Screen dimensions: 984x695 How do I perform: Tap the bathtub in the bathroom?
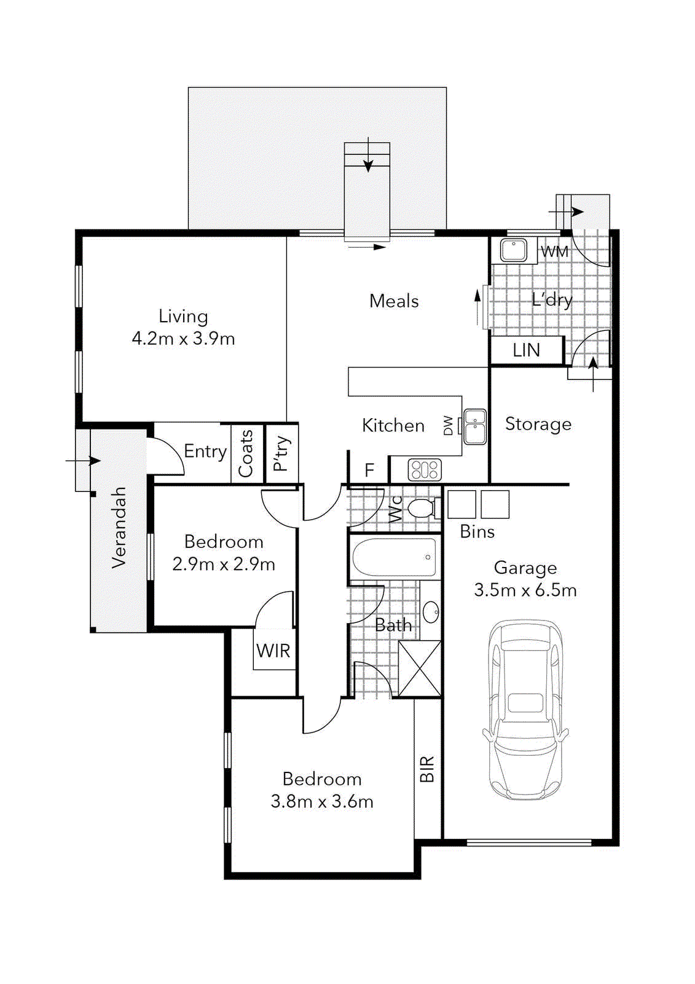point(395,557)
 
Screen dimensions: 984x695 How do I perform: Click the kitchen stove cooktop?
point(425,470)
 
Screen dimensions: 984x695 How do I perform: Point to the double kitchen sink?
point(474,426)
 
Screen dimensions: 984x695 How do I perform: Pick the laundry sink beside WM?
point(513,250)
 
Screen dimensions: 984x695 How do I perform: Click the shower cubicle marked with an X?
point(420,669)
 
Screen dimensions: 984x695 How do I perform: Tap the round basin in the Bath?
point(431,611)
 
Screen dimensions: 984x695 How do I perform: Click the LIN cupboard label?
point(527,351)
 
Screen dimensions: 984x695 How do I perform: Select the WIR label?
point(273,651)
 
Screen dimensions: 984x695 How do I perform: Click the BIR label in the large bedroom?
point(427,769)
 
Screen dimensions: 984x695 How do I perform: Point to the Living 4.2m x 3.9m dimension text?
point(183,338)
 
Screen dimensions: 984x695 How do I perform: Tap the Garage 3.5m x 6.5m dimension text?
point(525,590)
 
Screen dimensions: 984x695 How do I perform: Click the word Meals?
point(394,301)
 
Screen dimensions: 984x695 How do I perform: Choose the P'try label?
point(281,454)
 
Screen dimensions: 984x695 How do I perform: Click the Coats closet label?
point(246,454)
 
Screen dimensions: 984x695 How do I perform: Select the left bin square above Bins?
point(461,504)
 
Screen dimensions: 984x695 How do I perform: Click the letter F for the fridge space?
point(369,470)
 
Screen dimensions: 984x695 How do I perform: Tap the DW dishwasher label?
point(449,426)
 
